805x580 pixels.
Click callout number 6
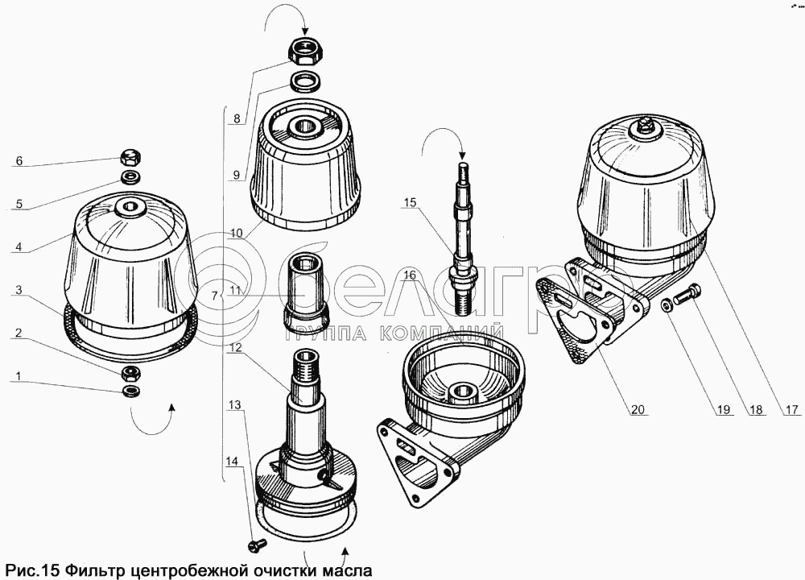tap(19, 161)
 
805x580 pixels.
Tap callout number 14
tap(232, 462)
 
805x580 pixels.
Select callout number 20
tap(637, 409)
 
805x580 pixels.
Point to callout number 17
tap(792, 409)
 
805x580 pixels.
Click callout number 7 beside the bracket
tap(215, 296)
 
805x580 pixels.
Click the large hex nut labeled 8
tap(303, 50)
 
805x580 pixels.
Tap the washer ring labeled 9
tap(305, 81)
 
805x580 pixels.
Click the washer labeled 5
tap(131, 177)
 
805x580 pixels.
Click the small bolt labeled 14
tap(257, 544)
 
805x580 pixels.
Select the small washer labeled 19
tap(667, 304)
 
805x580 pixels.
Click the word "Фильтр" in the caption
tap(96, 570)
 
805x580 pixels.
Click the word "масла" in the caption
tap(345, 570)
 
